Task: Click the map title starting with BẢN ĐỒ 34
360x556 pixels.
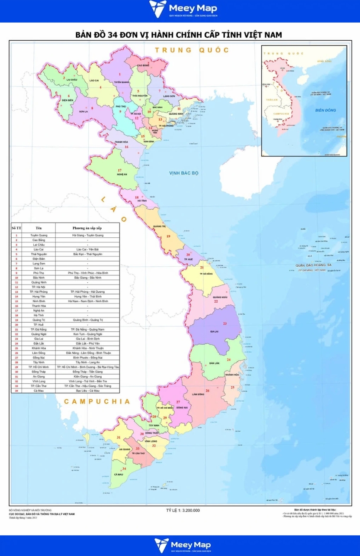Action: click(179, 35)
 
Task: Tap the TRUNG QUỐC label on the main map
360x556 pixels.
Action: click(192, 50)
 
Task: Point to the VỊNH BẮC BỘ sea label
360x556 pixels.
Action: click(183, 173)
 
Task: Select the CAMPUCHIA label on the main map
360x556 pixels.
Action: click(97, 401)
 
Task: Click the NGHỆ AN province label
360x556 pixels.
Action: click(121, 175)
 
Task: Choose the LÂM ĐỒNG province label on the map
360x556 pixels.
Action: click(199, 394)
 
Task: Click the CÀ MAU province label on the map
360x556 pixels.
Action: click(119, 475)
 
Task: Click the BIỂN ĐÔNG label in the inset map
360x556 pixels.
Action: click(325, 110)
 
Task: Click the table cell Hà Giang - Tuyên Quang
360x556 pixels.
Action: click(87, 235)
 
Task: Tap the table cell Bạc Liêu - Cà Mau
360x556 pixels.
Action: click(87, 391)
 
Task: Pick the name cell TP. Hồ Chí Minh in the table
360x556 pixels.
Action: click(39, 367)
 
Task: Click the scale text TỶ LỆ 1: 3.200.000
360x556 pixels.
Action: click(183, 511)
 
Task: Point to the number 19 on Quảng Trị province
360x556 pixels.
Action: click(168, 236)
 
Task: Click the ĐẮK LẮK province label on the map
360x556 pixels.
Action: click(214, 363)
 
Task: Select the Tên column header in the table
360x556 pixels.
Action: click(39, 228)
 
